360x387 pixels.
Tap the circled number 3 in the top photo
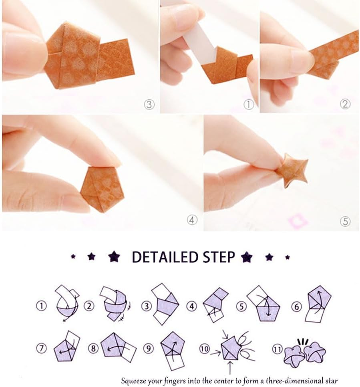tap(149, 105)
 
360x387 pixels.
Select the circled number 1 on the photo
tap(249, 105)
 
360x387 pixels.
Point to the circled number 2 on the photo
tap(345, 104)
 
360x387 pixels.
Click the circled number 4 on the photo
tap(192, 220)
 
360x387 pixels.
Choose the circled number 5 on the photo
tap(345, 221)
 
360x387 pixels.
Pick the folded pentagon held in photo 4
tap(102, 189)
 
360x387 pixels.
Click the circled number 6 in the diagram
tap(297, 307)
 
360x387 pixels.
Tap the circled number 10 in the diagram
tap(204, 349)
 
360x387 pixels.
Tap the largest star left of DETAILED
tap(114, 256)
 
